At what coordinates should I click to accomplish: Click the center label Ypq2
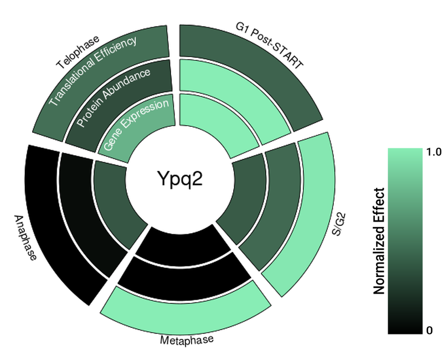click(x=175, y=179)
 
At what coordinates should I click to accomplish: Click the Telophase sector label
click(x=78, y=52)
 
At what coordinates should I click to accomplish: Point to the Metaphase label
click(x=187, y=339)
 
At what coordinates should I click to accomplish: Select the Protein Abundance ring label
click(x=113, y=97)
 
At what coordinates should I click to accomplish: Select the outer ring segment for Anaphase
click(x=53, y=222)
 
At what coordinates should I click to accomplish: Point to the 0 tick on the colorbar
click(x=430, y=331)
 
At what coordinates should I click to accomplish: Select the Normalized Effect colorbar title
click(x=379, y=241)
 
